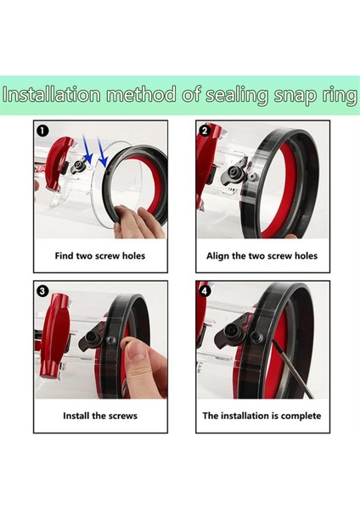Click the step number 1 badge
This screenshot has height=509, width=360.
click(x=42, y=131)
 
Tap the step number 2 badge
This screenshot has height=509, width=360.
click(x=204, y=131)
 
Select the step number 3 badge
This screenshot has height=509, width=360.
click(x=42, y=290)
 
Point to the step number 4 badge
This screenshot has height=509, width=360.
click(x=204, y=291)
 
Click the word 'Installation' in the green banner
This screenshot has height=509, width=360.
click(x=51, y=94)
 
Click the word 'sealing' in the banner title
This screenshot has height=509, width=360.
click(x=237, y=96)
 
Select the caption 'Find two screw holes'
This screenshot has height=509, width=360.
click(x=100, y=256)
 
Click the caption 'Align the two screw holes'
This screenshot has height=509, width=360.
click(x=262, y=256)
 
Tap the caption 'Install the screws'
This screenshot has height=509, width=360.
click(x=100, y=416)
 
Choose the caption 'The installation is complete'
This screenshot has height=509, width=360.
click(x=262, y=416)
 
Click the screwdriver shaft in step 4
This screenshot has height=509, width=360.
click(x=292, y=369)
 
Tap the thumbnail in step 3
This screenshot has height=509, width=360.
click(x=138, y=351)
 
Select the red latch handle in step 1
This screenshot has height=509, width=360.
click(x=58, y=162)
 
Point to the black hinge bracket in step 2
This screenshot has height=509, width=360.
click(x=234, y=173)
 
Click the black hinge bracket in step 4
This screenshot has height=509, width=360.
click(x=233, y=334)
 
